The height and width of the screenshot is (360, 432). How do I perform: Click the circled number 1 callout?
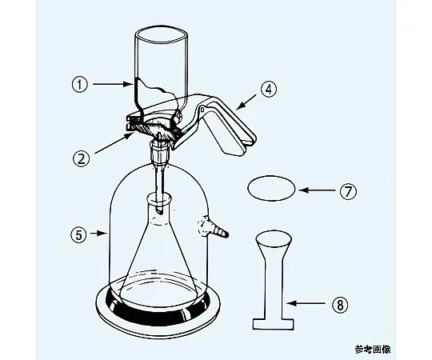click(x=80, y=84)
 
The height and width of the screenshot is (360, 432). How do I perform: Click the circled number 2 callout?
click(x=82, y=158)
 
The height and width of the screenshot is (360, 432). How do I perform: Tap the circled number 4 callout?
click(x=268, y=89)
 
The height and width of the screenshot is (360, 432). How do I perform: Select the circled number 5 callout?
click(x=79, y=234)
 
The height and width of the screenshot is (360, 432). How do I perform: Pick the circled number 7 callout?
click(x=348, y=191)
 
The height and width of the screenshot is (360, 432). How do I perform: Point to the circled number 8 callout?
click(x=340, y=304)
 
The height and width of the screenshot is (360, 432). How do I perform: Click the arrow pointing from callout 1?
click(x=113, y=84)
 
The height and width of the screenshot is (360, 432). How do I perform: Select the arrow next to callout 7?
click(x=317, y=190)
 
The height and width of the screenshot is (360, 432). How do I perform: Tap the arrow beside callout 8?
click(x=306, y=303)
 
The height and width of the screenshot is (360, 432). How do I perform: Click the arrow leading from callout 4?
click(x=246, y=102)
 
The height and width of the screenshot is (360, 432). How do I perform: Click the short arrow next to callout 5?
click(x=99, y=234)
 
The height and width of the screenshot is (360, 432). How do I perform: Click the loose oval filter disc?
click(x=272, y=189)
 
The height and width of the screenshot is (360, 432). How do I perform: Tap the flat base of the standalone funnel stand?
click(x=274, y=324)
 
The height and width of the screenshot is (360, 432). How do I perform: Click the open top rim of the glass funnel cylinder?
click(x=162, y=34)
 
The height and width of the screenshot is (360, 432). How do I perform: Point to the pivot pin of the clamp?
click(x=202, y=110)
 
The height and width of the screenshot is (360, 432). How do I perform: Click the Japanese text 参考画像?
click(x=373, y=350)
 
